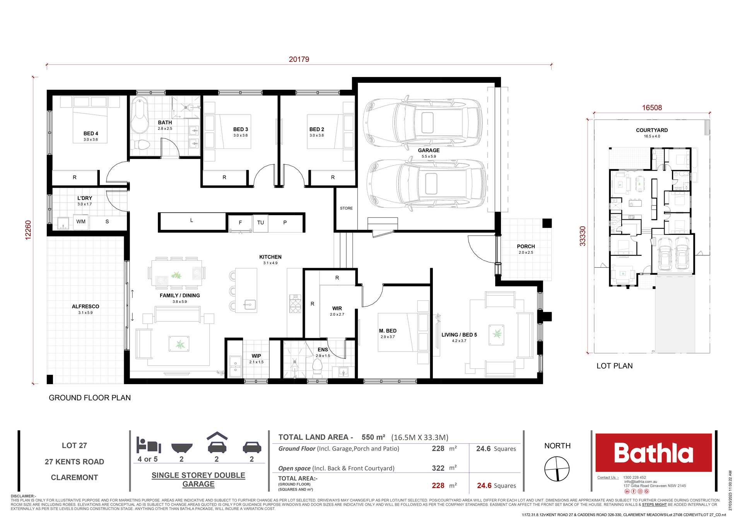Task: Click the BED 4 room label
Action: (x=91, y=133)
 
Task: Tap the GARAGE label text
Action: (x=429, y=151)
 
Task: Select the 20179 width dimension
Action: (x=299, y=59)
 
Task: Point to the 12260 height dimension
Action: (x=28, y=230)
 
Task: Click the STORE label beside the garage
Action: (x=346, y=208)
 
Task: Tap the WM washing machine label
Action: (x=81, y=222)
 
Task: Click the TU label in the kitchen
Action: (x=260, y=222)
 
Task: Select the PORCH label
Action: (x=526, y=246)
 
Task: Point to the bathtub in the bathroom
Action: (x=140, y=116)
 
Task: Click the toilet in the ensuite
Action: (x=317, y=369)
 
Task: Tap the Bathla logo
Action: (x=653, y=453)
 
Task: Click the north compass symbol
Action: (x=557, y=469)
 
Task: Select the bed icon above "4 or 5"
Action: (x=148, y=445)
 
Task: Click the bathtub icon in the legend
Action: (x=182, y=448)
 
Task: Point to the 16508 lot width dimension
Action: (x=652, y=108)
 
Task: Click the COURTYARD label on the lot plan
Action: (x=652, y=130)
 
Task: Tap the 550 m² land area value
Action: (x=373, y=437)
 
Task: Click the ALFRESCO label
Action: (x=85, y=306)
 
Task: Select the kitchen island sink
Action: (x=250, y=305)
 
